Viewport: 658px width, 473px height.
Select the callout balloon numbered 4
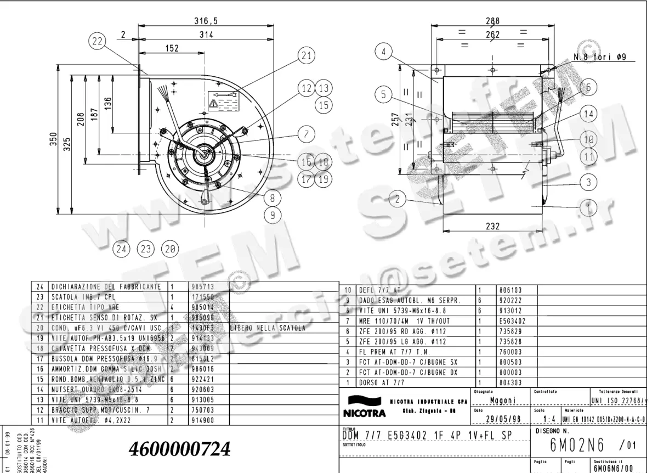384,52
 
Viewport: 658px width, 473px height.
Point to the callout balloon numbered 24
121,249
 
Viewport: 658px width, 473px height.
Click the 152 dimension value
172,49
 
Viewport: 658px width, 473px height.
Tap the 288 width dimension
493,21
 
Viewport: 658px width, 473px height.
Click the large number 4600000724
179,449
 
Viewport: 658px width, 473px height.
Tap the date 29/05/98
502,420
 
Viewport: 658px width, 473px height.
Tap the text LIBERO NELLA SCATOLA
267,329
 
